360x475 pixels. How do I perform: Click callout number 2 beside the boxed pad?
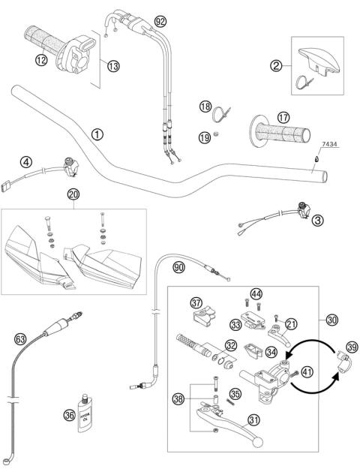click(277, 67)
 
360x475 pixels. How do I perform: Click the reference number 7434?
click(329, 143)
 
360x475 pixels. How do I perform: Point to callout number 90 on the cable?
click(178, 267)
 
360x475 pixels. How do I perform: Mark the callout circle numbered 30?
click(331, 320)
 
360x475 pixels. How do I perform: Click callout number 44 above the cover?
click(256, 293)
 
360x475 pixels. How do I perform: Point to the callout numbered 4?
click(26, 161)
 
